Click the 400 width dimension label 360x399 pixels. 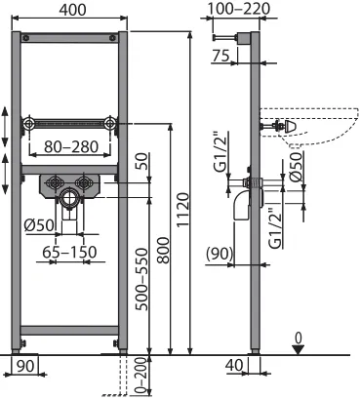click(72, 10)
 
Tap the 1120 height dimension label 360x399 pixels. click(183, 209)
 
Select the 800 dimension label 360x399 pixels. click(163, 250)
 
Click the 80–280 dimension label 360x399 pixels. click(71, 146)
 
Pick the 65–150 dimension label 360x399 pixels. click(70, 252)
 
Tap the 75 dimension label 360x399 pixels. click(221, 56)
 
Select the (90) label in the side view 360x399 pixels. click(220, 254)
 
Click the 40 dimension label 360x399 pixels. click(234, 365)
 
